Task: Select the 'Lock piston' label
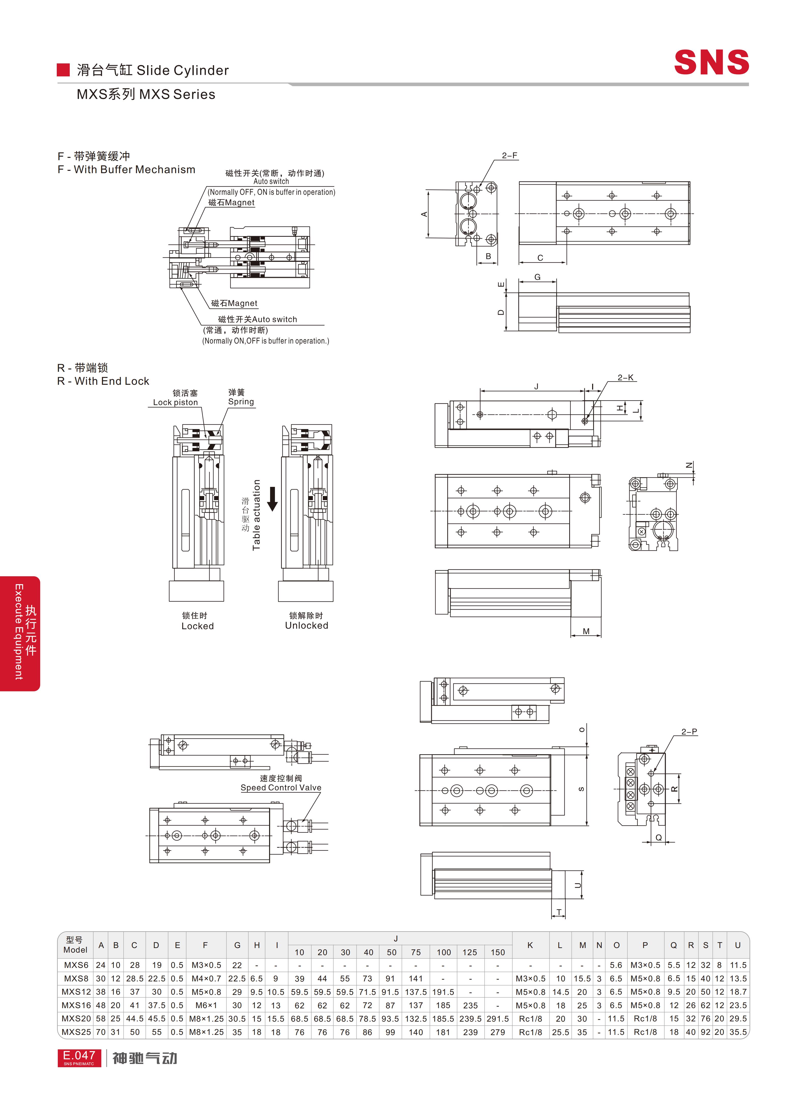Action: click(176, 402)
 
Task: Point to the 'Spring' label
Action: click(241, 402)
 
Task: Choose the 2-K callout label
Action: click(625, 377)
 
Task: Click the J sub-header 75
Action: click(416, 952)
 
